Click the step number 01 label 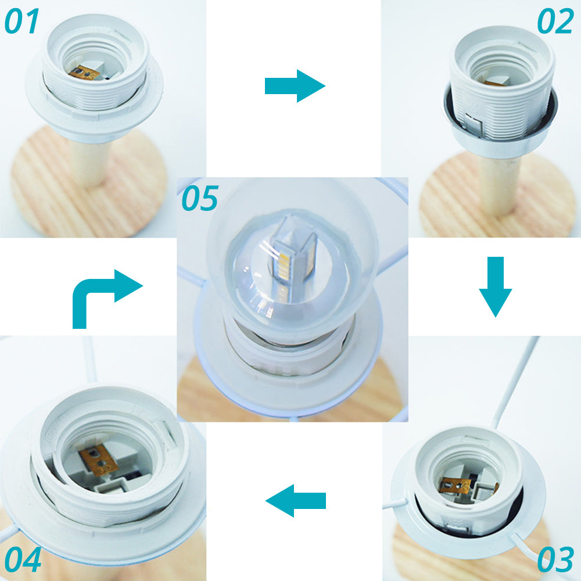(x=21, y=21)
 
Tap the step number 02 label (x=555, y=21)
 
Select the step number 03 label (x=555, y=559)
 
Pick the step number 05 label (x=200, y=198)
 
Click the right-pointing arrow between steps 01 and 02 (x=295, y=86)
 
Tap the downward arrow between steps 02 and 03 (x=496, y=287)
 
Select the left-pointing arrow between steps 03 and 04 (x=295, y=501)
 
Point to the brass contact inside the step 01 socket (x=84, y=73)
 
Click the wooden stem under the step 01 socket (x=88, y=163)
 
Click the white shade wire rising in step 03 (x=515, y=382)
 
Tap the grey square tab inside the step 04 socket (x=111, y=485)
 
